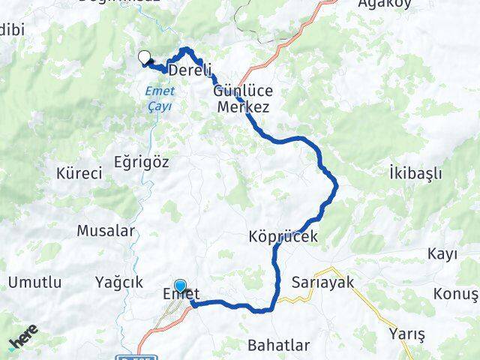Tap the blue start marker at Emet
[181, 286]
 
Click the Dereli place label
[190, 70]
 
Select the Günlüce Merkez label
[243, 98]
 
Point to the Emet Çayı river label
[160, 98]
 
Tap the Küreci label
[79, 173]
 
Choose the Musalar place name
[106, 231]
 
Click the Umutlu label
[35, 282]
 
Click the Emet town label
[180, 297]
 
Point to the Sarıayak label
[325, 282]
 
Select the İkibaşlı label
[415, 173]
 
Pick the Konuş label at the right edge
[459, 293]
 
